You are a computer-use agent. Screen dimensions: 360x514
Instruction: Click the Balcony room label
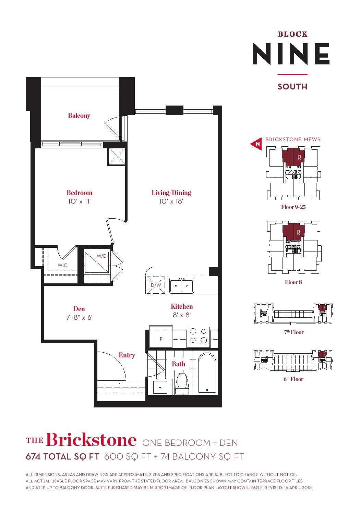point(79,115)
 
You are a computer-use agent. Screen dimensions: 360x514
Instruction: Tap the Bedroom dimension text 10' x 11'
point(79,201)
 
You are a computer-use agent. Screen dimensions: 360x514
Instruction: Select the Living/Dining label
point(171,193)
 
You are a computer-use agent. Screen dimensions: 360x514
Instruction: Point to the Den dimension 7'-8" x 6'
point(79,317)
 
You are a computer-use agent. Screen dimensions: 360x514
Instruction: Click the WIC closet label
point(62,265)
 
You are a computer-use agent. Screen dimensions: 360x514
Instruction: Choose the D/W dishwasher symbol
point(156,285)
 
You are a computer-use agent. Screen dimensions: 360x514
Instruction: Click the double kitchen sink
point(182,285)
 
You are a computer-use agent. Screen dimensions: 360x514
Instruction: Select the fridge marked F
point(161,337)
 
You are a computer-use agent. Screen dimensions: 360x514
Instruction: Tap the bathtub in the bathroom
point(207,374)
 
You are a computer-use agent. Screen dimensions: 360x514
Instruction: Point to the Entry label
point(127,355)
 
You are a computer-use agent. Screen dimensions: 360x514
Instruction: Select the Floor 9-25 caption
point(293,207)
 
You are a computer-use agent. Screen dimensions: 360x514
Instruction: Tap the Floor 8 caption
point(293,282)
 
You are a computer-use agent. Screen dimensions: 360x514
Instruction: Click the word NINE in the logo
point(291,54)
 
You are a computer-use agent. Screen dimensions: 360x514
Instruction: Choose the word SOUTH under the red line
point(292,87)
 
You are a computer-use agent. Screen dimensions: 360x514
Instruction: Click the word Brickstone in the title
point(91,440)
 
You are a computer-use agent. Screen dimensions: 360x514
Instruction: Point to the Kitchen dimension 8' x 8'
point(182,315)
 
